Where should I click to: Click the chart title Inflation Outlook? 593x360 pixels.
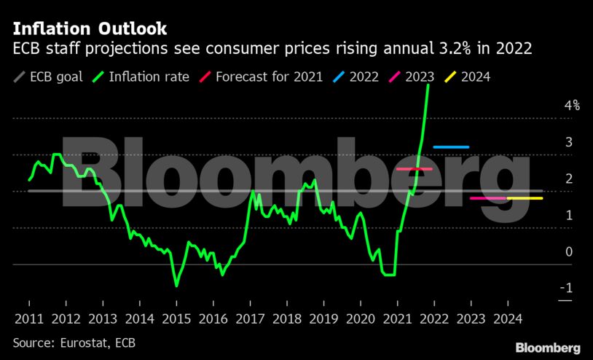coord(90,29)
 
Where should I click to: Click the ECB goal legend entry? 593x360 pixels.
coord(48,77)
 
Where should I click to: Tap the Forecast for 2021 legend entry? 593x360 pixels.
coord(261,77)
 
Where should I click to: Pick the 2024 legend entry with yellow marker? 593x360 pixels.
coord(467,77)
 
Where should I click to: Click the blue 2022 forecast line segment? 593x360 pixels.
coord(451,147)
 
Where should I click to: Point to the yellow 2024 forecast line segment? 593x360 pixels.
coord(525,198)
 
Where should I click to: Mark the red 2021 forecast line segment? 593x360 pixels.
coord(414,169)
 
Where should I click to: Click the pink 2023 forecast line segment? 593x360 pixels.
coord(488,198)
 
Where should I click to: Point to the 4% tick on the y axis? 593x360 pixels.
coord(571,105)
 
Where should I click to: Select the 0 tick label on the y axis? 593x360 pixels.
coord(569,251)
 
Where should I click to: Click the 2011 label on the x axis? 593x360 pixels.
coord(29,318)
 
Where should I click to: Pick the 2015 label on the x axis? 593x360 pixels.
coord(176,318)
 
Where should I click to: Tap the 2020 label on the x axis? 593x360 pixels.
coord(360,318)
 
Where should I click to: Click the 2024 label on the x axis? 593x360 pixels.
coord(507,318)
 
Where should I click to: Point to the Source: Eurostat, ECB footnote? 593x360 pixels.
coord(74,342)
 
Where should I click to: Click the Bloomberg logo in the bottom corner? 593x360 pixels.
coord(548,348)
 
